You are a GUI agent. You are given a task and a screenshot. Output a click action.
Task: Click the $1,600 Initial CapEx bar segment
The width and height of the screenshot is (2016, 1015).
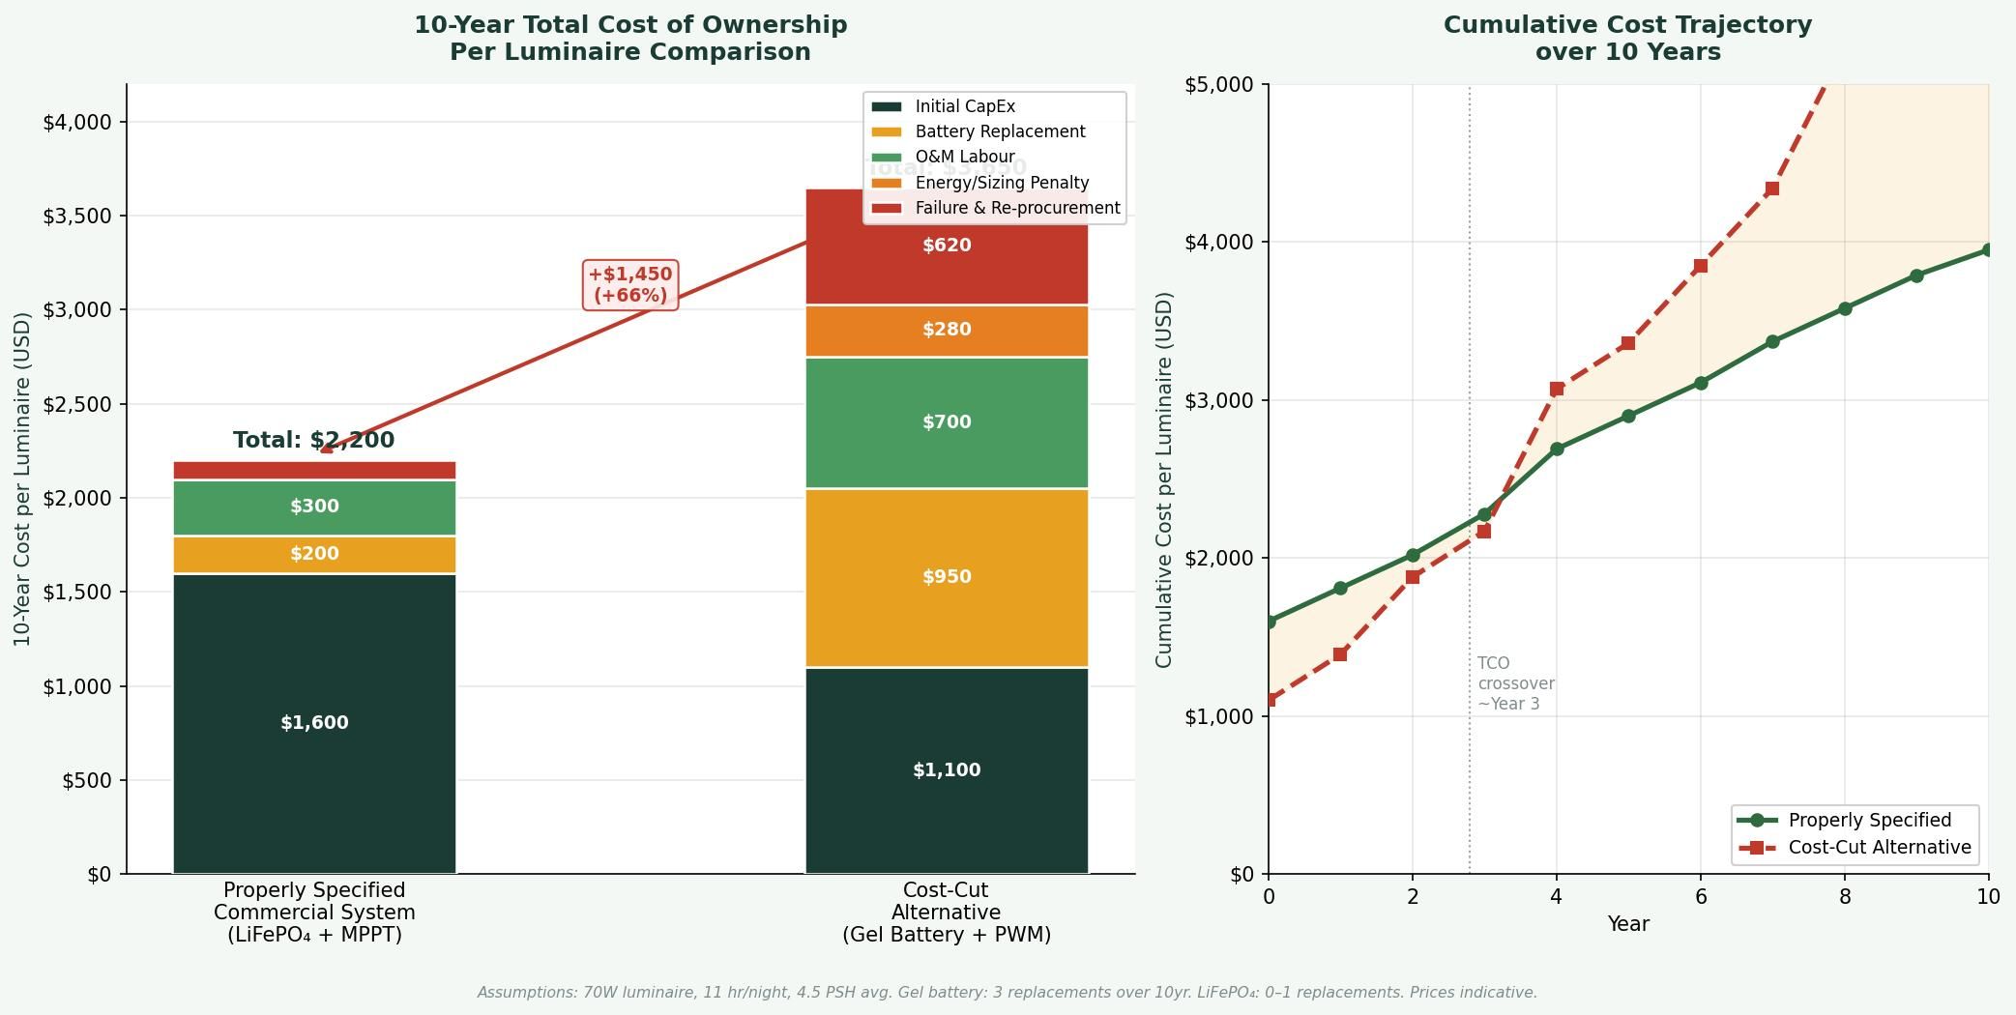click(x=314, y=723)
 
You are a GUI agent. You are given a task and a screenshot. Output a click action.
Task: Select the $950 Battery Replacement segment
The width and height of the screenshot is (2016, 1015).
click(x=947, y=577)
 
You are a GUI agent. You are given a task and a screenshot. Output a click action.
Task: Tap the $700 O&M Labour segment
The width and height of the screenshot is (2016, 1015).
click(x=947, y=422)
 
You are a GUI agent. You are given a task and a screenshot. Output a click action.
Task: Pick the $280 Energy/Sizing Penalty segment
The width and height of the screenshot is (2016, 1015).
click(x=947, y=330)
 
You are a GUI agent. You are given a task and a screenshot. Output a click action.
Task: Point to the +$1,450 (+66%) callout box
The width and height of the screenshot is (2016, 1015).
click(x=630, y=285)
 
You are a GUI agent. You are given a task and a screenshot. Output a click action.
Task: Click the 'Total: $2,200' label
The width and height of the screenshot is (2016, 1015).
click(x=313, y=440)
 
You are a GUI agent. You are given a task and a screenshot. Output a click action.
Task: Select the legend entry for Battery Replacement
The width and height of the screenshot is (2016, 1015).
click(x=1000, y=131)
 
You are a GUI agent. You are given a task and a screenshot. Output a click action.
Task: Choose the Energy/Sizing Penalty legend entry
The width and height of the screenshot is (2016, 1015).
click(x=1002, y=183)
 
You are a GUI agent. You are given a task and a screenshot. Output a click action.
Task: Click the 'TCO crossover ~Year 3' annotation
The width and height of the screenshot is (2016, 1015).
click(x=1515, y=683)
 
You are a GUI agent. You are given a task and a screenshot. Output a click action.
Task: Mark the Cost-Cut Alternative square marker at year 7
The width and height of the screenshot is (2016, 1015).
click(x=1772, y=189)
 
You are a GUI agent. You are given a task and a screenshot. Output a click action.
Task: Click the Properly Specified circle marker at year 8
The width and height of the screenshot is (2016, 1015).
click(x=1845, y=309)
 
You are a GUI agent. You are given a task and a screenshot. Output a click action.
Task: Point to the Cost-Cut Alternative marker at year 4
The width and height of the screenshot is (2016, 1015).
click(x=1557, y=389)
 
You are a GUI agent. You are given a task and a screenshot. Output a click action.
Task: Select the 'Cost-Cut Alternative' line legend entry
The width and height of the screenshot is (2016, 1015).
click(x=1879, y=848)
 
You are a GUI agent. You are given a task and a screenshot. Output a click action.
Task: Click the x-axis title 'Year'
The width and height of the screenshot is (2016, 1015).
click(x=1628, y=924)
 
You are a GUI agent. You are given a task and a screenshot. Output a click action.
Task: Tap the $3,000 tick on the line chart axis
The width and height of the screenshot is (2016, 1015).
click(x=1219, y=400)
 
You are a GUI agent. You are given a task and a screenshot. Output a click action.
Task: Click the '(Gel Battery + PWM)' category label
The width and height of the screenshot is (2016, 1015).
click(x=947, y=935)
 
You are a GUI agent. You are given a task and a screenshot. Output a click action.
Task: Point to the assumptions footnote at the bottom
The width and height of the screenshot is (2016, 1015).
click(x=1007, y=993)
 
